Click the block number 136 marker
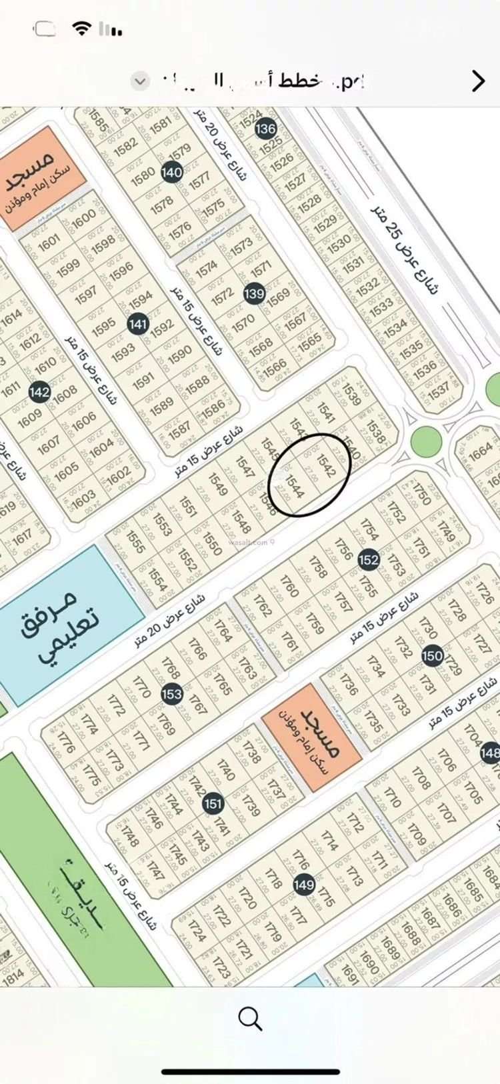tap(265, 128)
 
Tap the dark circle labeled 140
tap(171, 172)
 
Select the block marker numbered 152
tap(369, 559)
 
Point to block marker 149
tap(304, 884)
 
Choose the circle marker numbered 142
tap(39, 391)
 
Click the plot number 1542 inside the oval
tap(325, 465)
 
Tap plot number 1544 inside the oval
tap(294, 487)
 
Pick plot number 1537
tap(439, 391)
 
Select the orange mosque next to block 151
tap(312, 737)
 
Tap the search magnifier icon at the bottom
tap(249, 1019)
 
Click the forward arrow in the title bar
tap(478, 81)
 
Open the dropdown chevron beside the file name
tap(140, 81)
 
